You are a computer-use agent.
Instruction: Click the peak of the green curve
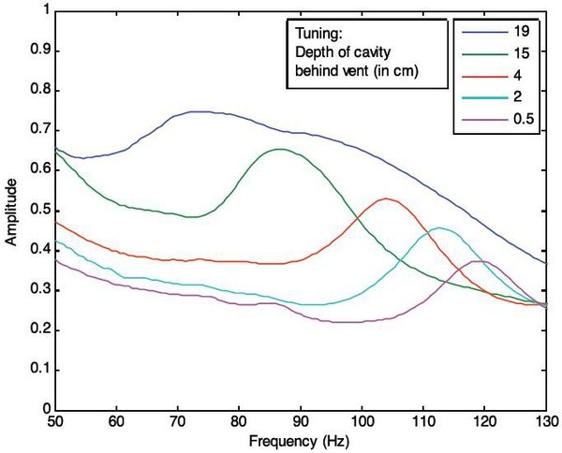pyautogui.click(x=280, y=149)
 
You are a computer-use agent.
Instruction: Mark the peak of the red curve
pyautogui.click(x=385, y=198)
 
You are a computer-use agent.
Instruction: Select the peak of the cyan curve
pyautogui.click(x=438, y=227)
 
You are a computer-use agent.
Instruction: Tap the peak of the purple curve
pyautogui.click(x=481, y=261)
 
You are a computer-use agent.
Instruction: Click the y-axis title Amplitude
pyautogui.click(x=11, y=211)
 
